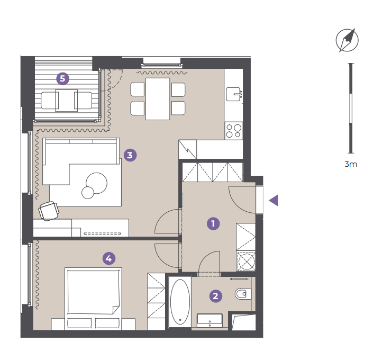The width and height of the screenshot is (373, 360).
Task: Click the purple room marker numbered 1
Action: (x=213, y=223)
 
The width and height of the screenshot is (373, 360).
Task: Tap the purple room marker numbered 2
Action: (x=216, y=296)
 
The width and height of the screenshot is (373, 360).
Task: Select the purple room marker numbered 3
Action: (x=130, y=155)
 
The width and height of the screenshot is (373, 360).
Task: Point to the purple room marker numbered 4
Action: (x=109, y=258)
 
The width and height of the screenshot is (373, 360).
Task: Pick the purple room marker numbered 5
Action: (x=62, y=78)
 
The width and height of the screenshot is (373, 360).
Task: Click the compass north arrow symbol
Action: (x=347, y=40)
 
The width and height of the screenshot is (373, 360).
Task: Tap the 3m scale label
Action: (x=351, y=164)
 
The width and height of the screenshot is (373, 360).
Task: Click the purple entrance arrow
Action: (x=274, y=200)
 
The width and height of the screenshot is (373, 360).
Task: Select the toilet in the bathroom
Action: (x=243, y=294)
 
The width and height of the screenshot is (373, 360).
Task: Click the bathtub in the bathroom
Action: (x=180, y=302)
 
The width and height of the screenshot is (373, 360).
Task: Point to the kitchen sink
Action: (x=233, y=94)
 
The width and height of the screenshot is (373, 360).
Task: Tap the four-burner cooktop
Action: (x=234, y=131)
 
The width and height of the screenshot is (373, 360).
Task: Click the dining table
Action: (x=158, y=99)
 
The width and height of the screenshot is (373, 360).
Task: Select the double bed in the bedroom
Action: (x=93, y=299)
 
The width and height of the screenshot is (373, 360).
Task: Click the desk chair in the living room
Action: (x=49, y=211)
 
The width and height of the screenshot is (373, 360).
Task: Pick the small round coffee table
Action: (x=88, y=193)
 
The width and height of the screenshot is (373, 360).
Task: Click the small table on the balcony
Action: (x=66, y=101)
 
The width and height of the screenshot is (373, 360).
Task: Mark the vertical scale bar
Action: (x=351, y=109)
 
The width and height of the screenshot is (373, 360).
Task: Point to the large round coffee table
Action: (x=97, y=183)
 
